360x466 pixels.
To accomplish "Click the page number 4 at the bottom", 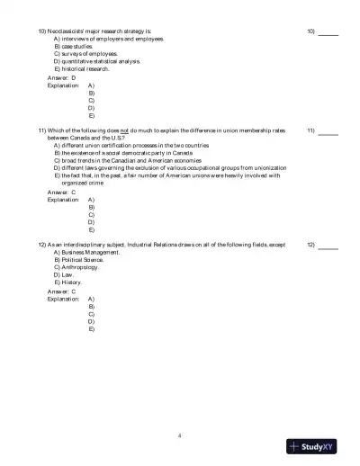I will click(180, 435).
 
